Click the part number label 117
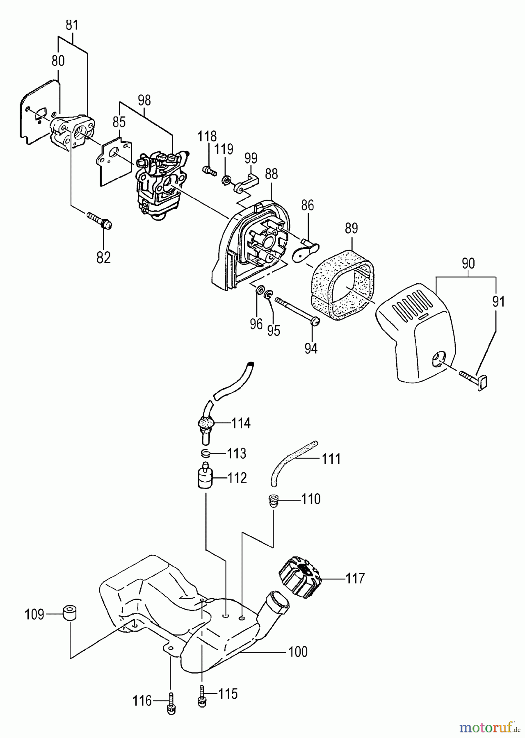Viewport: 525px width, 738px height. click(x=355, y=579)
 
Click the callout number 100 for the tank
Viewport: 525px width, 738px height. click(x=298, y=651)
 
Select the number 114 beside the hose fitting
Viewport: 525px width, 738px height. click(x=240, y=423)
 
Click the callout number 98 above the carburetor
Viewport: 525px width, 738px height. click(x=144, y=100)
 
